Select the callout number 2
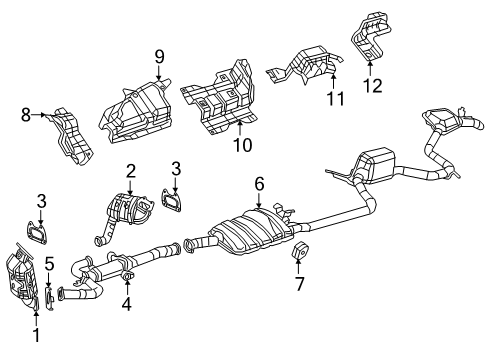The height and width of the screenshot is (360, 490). pos(131,171)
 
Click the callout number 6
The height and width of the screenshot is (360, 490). pos(259,184)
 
